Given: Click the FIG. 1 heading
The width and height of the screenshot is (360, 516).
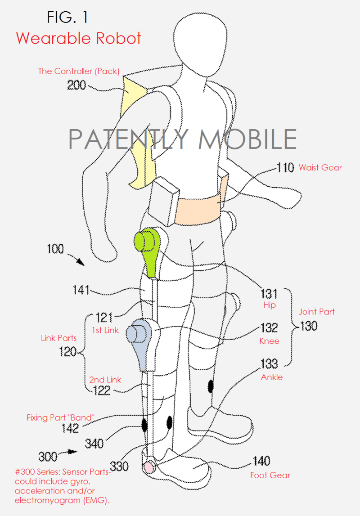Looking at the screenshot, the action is pyautogui.click(x=67, y=17).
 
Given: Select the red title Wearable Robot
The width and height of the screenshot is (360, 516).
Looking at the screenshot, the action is pyautogui.click(x=79, y=38).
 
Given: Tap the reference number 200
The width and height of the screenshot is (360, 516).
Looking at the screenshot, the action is pyautogui.click(x=76, y=85).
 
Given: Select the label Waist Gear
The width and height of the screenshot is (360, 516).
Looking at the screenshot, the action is pyautogui.click(x=320, y=167).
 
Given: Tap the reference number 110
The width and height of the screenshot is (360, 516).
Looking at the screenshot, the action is pyautogui.click(x=285, y=167).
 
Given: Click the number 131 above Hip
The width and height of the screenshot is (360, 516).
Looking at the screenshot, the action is pyautogui.click(x=269, y=294).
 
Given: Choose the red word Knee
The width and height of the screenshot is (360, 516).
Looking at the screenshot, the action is pyautogui.click(x=269, y=341).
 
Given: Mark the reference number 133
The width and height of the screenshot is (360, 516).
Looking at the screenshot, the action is pyautogui.click(x=269, y=363).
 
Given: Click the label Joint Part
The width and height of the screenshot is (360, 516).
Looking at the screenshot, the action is pyautogui.click(x=316, y=312).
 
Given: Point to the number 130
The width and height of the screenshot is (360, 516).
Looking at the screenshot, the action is pyautogui.click(x=308, y=326).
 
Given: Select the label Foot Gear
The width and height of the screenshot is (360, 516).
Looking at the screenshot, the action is pyautogui.click(x=270, y=475).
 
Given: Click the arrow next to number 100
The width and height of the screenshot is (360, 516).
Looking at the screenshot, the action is pyautogui.click(x=76, y=259).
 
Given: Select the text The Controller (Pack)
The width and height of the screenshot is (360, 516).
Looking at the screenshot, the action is pyautogui.click(x=79, y=71).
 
